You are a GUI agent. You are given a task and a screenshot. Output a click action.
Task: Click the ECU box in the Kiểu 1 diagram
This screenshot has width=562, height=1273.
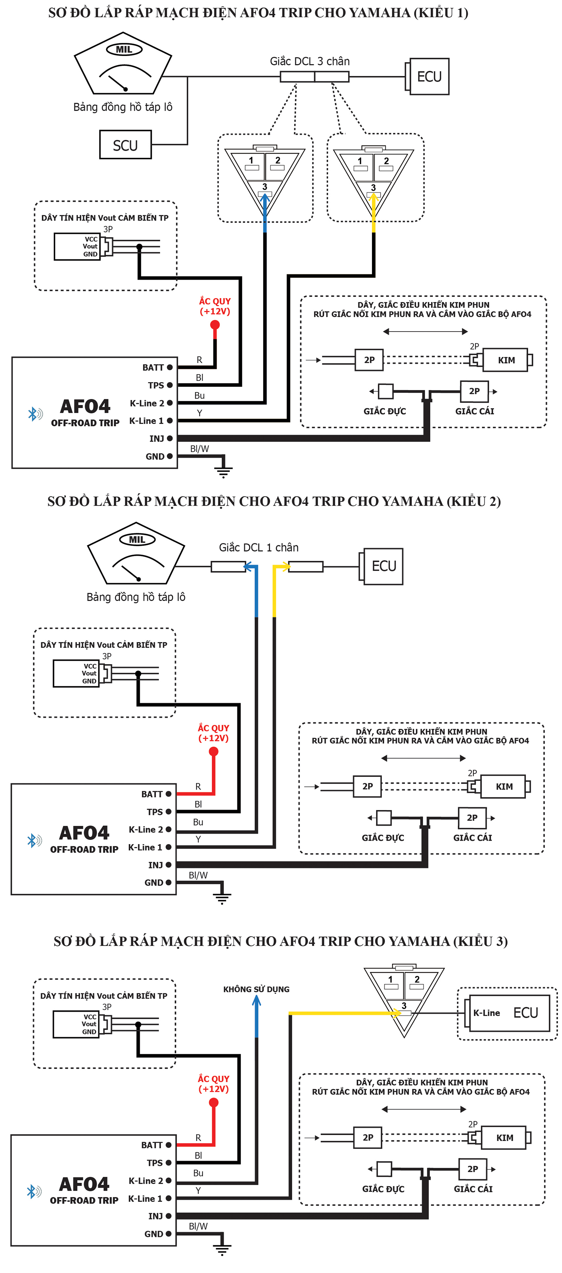429,77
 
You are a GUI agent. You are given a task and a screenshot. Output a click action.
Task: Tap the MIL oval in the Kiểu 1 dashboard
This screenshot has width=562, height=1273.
124,50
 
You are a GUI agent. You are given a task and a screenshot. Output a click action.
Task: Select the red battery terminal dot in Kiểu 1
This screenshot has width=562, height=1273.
215,325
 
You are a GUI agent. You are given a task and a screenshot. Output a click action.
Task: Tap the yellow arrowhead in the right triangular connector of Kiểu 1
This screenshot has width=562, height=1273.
373,198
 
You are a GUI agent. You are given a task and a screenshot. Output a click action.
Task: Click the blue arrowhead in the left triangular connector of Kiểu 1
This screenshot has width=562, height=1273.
265,198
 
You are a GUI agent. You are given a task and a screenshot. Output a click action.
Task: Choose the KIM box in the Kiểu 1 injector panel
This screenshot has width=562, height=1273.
506,360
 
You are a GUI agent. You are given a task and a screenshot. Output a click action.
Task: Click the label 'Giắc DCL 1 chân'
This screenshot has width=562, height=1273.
259,547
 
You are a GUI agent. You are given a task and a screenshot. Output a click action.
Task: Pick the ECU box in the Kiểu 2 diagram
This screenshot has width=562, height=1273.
383,566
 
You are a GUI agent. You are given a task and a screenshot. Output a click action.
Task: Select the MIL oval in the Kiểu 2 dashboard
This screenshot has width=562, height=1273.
137,540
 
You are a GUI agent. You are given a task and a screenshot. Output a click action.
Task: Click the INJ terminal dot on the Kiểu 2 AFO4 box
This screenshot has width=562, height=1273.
168,865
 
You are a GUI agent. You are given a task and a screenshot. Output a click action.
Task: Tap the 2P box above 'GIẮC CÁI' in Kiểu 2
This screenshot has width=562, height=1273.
472,818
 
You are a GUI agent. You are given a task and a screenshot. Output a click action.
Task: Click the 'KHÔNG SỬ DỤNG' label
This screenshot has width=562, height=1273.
256,989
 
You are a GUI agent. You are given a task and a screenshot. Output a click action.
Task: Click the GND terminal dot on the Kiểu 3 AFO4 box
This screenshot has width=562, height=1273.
168,1234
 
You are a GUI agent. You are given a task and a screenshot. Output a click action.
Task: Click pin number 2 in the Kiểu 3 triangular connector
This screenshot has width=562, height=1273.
417,979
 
